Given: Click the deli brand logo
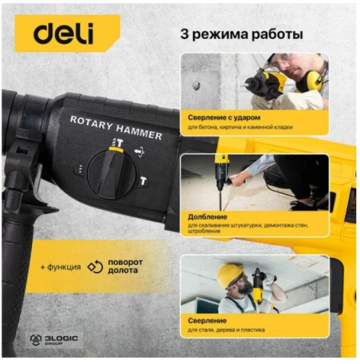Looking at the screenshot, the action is click(x=63, y=34).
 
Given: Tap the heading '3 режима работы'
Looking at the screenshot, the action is click(x=242, y=34).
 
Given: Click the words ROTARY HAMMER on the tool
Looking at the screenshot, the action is click(x=116, y=127).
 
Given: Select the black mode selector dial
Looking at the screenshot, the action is click(x=111, y=174).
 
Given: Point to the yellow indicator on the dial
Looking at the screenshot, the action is click(x=116, y=150).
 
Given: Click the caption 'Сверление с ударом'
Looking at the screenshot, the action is click(x=224, y=118).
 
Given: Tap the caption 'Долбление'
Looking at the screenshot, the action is click(x=207, y=217).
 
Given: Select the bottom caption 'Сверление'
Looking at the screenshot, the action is click(x=207, y=321).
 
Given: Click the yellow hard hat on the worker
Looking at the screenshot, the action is click(x=230, y=275).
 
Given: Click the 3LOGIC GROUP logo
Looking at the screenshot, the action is click(x=54, y=340).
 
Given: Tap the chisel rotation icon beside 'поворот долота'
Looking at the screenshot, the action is click(x=95, y=267).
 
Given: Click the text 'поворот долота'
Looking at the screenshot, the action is click(x=125, y=266).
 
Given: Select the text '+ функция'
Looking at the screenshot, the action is click(x=61, y=267).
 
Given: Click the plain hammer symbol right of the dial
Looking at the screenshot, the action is click(x=143, y=182).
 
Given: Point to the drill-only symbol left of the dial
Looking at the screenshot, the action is click(x=80, y=169).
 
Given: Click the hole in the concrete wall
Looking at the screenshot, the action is click(x=195, y=85).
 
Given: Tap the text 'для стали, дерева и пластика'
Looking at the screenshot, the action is click(x=227, y=330).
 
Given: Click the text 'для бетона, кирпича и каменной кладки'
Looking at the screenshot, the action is click(x=240, y=127).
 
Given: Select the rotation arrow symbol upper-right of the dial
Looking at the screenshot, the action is click(x=140, y=152).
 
